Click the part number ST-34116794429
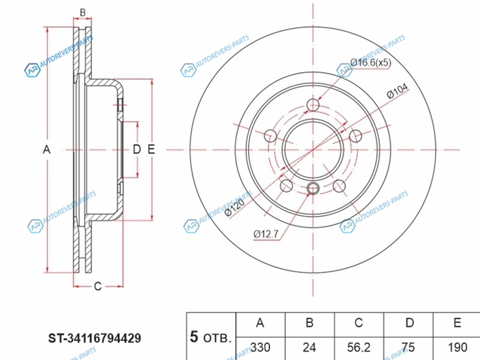click(94, 338)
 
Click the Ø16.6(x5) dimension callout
click(370, 63)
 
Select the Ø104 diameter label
click(397, 91)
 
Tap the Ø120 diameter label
click(234, 208)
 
